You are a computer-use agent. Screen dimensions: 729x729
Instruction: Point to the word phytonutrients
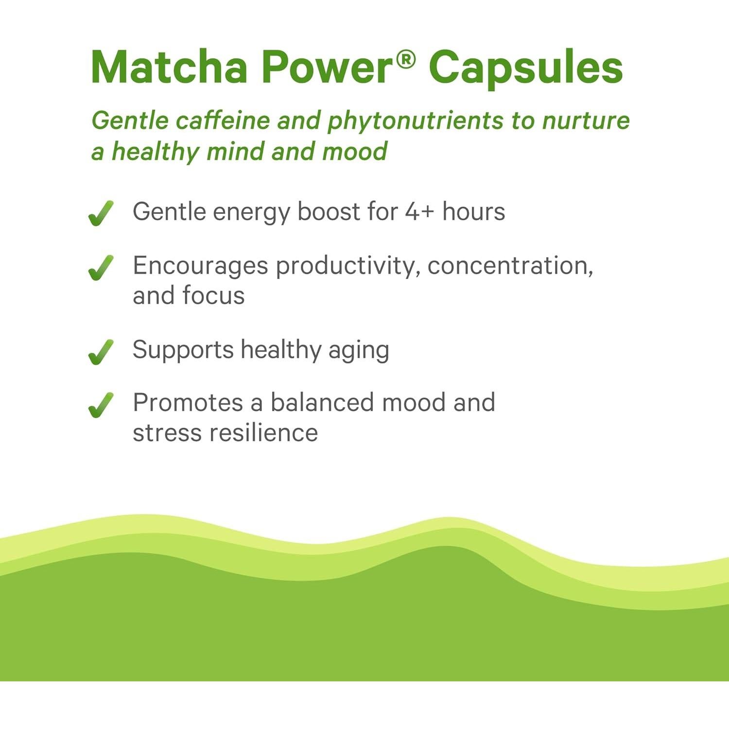pyautogui.click(x=415, y=121)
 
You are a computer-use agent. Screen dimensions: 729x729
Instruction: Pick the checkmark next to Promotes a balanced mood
pyautogui.click(x=101, y=405)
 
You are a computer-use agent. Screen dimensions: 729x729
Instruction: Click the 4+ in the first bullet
pyautogui.click(x=419, y=212)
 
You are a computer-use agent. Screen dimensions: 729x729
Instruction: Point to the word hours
pyautogui.click(x=473, y=212)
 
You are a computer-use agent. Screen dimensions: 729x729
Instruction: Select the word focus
pyautogui.click(x=213, y=295)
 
